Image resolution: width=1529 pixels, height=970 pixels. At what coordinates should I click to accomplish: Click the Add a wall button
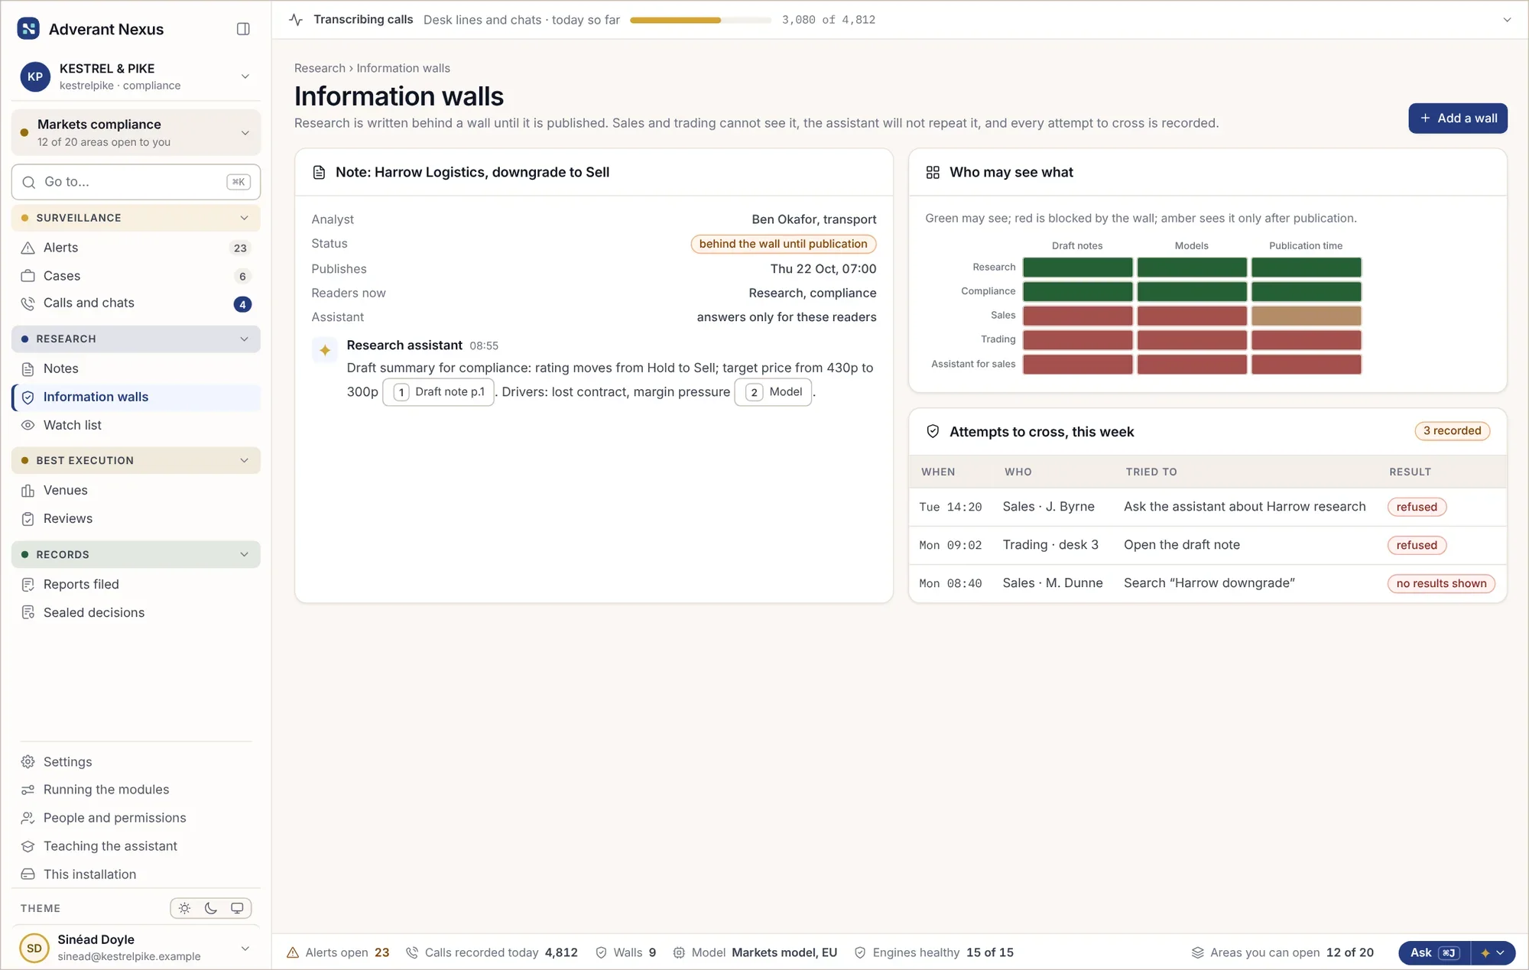pos(1457,118)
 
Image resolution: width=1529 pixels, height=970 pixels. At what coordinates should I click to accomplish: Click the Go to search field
pos(135,182)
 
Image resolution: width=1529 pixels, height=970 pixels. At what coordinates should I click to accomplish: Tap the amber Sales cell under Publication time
pos(1306,316)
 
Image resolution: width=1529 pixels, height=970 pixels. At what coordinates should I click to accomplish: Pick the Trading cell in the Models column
pos(1192,339)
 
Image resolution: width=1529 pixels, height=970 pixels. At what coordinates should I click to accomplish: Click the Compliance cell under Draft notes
pos(1077,291)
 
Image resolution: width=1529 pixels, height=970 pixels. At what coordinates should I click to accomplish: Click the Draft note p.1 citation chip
pos(438,392)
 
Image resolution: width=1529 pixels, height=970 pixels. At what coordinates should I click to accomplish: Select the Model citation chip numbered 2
pos(773,392)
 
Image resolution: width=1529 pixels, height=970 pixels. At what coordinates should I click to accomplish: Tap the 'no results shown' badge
pos(1441,583)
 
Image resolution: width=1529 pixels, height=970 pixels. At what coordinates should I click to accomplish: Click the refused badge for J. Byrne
pos(1417,507)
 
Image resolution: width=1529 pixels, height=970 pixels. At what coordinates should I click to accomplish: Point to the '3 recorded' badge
pos(1452,431)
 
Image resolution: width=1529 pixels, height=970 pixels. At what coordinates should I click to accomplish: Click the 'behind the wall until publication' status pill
pos(783,244)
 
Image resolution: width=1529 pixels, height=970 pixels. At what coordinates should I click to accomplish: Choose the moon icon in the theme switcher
pos(211,908)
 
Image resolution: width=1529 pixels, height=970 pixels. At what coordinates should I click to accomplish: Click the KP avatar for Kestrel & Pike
pos(35,76)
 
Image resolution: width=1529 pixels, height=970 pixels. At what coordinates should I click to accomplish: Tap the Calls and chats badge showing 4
pos(242,304)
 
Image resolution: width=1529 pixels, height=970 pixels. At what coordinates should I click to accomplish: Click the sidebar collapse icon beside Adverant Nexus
pos(243,29)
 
